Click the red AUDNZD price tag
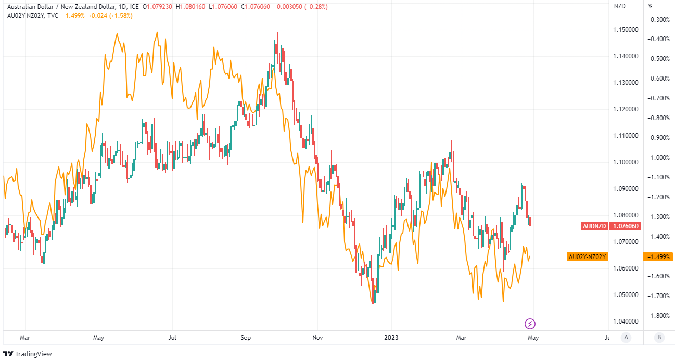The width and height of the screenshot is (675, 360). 610,226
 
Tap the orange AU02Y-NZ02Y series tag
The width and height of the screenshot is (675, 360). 587,257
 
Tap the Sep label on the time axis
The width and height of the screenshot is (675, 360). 246,337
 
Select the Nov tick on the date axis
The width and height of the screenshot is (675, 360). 318,337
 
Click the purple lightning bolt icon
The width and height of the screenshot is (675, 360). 530,324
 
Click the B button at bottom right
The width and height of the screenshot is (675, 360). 659,337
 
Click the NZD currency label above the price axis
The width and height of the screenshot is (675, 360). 620,6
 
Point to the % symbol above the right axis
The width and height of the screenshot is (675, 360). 650,6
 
